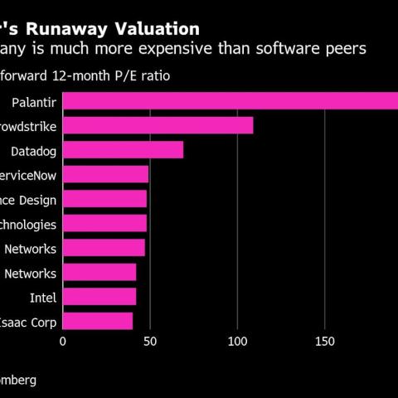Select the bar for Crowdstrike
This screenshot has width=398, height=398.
[x=158, y=126]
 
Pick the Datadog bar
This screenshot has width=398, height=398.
[x=123, y=150]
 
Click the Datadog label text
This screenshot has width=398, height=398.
[x=33, y=151]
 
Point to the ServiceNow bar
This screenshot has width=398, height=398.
[x=105, y=175]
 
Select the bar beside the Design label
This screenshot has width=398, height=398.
[x=104, y=199]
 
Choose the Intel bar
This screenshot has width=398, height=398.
[x=99, y=297]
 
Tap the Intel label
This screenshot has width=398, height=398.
[x=42, y=297]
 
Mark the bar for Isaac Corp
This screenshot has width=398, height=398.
[x=98, y=321]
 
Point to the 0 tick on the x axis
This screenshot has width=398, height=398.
[x=63, y=340]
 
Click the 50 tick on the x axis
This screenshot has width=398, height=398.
[x=150, y=340]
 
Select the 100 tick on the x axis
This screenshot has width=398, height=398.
[x=238, y=340]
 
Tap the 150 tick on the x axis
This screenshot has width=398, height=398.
[x=325, y=340]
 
